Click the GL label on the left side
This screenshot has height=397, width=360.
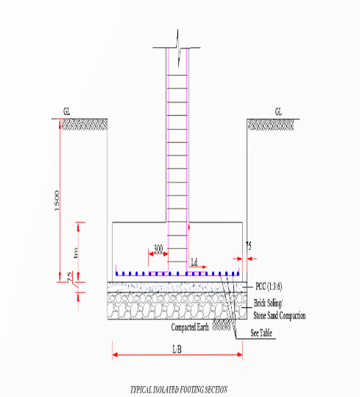(67, 112)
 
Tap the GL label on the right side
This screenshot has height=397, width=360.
(278, 112)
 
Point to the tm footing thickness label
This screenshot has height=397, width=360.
(74, 253)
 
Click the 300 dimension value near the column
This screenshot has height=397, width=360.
(158, 248)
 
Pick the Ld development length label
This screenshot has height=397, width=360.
(194, 261)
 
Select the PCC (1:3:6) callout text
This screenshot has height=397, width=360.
(271, 285)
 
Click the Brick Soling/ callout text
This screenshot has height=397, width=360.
(271, 303)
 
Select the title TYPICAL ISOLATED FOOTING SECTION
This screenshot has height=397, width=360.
(179, 389)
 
